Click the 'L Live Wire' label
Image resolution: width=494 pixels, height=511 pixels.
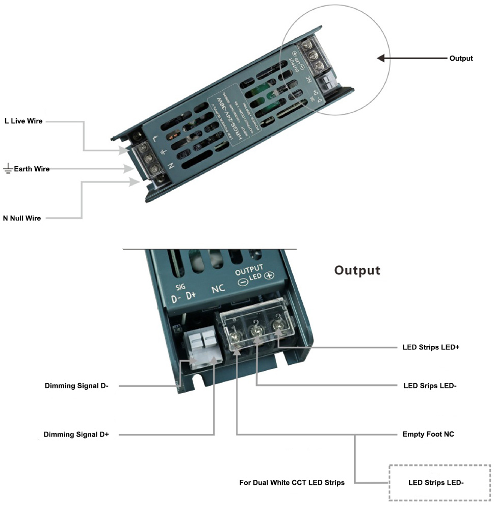[23, 121]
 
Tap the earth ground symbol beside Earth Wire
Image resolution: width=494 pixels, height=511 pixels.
[7, 169]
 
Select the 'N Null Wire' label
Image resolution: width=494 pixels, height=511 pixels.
[22, 218]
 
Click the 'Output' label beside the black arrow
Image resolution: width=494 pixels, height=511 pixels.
[461, 58]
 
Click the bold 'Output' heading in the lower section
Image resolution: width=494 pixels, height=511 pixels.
[357, 270]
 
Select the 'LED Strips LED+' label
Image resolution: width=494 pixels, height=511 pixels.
[431, 347]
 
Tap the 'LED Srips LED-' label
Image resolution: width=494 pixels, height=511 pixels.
[430, 386]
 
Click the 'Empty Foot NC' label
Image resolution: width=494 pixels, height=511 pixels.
[428, 435]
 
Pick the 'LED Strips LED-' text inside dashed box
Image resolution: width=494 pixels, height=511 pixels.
[436, 482]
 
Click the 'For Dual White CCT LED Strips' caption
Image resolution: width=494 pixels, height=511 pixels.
[292, 482]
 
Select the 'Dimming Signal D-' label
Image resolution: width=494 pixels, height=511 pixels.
[76, 386]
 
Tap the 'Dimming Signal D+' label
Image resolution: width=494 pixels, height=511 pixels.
[76, 435]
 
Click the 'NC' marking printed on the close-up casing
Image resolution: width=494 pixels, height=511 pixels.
[218, 289]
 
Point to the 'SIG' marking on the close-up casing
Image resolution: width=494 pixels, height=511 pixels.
[179, 287]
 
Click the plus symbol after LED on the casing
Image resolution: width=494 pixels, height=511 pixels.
[270, 276]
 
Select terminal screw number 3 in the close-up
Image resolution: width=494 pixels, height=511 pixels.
[279, 332]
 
